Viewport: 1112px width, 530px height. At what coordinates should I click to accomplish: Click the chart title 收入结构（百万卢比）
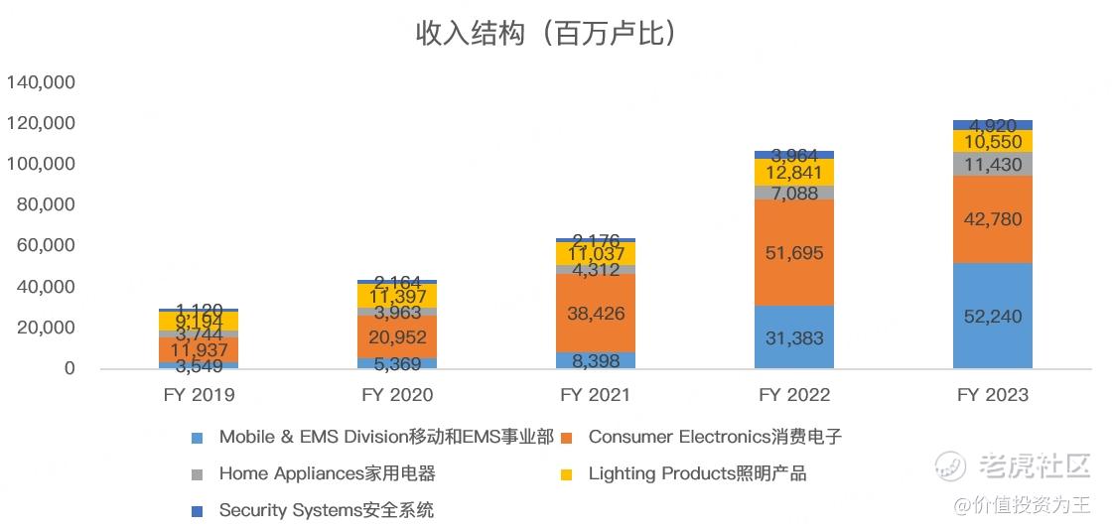pyautogui.click(x=546, y=33)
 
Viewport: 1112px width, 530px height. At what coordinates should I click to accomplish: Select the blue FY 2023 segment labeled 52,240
pyautogui.click(x=992, y=317)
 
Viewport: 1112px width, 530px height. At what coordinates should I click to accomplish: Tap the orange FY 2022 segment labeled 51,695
pyautogui.click(x=793, y=252)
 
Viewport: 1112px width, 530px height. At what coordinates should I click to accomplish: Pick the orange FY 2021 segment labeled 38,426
pyautogui.click(x=596, y=313)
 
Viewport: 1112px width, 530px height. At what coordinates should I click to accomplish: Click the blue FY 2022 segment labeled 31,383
pyautogui.click(x=793, y=337)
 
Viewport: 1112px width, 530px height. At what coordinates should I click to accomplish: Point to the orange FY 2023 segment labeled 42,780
pyautogui.click(x=992, y=219)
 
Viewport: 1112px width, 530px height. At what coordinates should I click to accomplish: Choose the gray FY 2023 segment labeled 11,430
pyautogui.click(x=992, y=165)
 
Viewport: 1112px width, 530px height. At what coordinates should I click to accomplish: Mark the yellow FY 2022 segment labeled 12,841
pyautogui.click(x=793, y=172)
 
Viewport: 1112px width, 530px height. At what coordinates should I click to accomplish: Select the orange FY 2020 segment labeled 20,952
pyautogui.click(x=397, y=336)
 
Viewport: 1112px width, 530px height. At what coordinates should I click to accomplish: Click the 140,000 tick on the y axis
pyautogui.click(x=42, y=82)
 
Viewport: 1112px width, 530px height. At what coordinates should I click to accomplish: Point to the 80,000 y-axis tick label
pyautogui.click(x=47, y=204)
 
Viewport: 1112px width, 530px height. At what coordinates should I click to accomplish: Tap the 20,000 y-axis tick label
pyautogui.click(x=47, y=328)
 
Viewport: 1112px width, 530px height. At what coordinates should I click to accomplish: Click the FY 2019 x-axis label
pyautogui.click(x=199, y=395)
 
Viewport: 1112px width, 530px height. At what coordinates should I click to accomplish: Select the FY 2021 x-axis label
pyautogui.click(x=596, y=395)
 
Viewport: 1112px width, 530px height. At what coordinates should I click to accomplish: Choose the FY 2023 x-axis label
pyautogui.click(x=992, y=395)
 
